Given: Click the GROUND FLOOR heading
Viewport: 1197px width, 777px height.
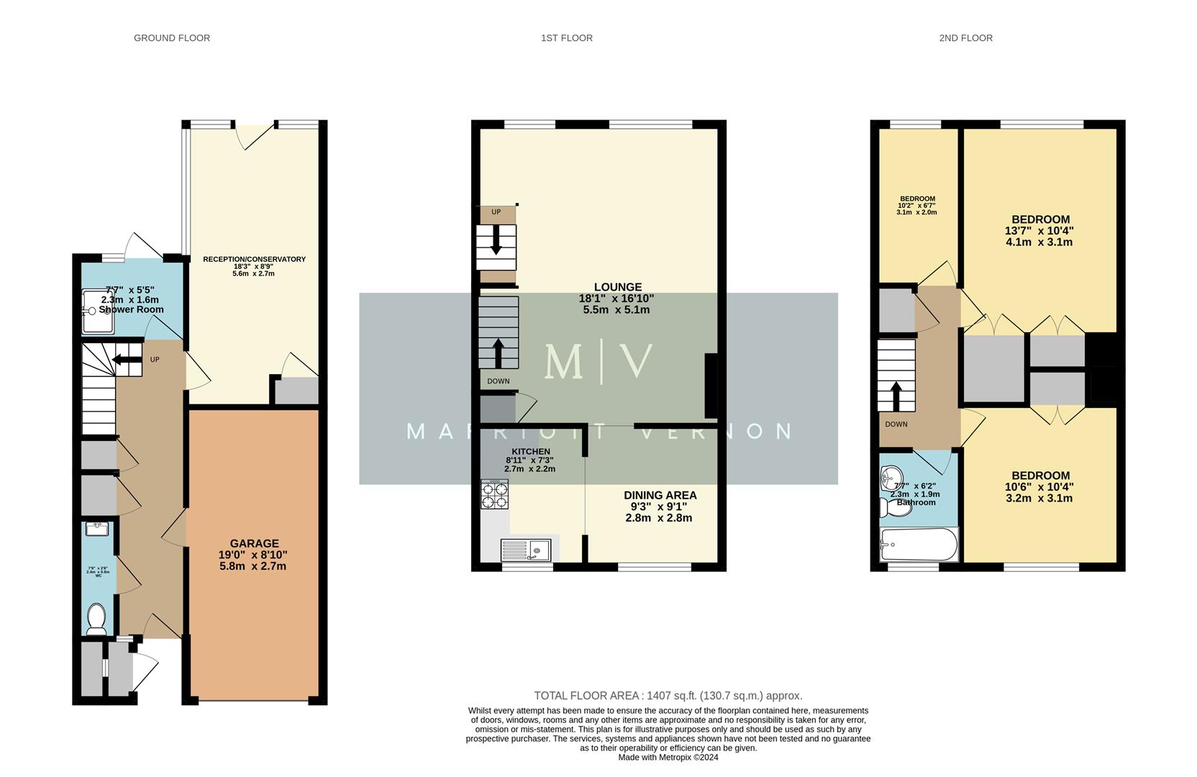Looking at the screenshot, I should click(x=172, y=38).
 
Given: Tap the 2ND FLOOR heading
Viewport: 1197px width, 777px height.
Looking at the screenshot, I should click(x=965, y=38).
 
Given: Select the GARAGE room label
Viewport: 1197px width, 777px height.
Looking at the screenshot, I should click(x=254, y=544).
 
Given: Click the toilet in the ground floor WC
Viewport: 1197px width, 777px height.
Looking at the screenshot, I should click(x=96, y=619).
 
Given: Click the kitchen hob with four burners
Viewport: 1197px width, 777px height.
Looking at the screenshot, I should click(x=494, y=494).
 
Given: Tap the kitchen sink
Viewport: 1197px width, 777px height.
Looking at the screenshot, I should click(x=526, y=550).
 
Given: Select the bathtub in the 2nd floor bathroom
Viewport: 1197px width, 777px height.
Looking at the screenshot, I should click(x=919, y=545).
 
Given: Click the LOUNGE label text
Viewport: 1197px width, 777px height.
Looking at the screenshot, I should click(x=617, y=287).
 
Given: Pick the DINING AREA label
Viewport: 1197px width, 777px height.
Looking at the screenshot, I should click(x=660, y=495).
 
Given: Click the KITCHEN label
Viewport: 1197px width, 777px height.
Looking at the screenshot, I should click(x=531, y=452).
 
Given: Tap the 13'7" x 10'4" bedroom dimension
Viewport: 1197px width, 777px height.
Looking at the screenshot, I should click(x=1039, y=231).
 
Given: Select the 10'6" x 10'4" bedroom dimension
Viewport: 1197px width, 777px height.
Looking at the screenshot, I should click(x=1039, y=487).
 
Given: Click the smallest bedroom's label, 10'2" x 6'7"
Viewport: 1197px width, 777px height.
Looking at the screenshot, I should click(x=917, y=206).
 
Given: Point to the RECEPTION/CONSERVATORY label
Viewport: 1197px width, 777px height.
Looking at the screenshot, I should click(x=254, y=259).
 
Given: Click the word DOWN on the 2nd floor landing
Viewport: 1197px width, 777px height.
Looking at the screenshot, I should click(x=896, y=424).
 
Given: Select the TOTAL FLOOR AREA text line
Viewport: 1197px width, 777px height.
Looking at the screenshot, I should click(x=668, y=696).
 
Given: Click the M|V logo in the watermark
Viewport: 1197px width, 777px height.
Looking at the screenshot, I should click(x=598, y=362).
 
